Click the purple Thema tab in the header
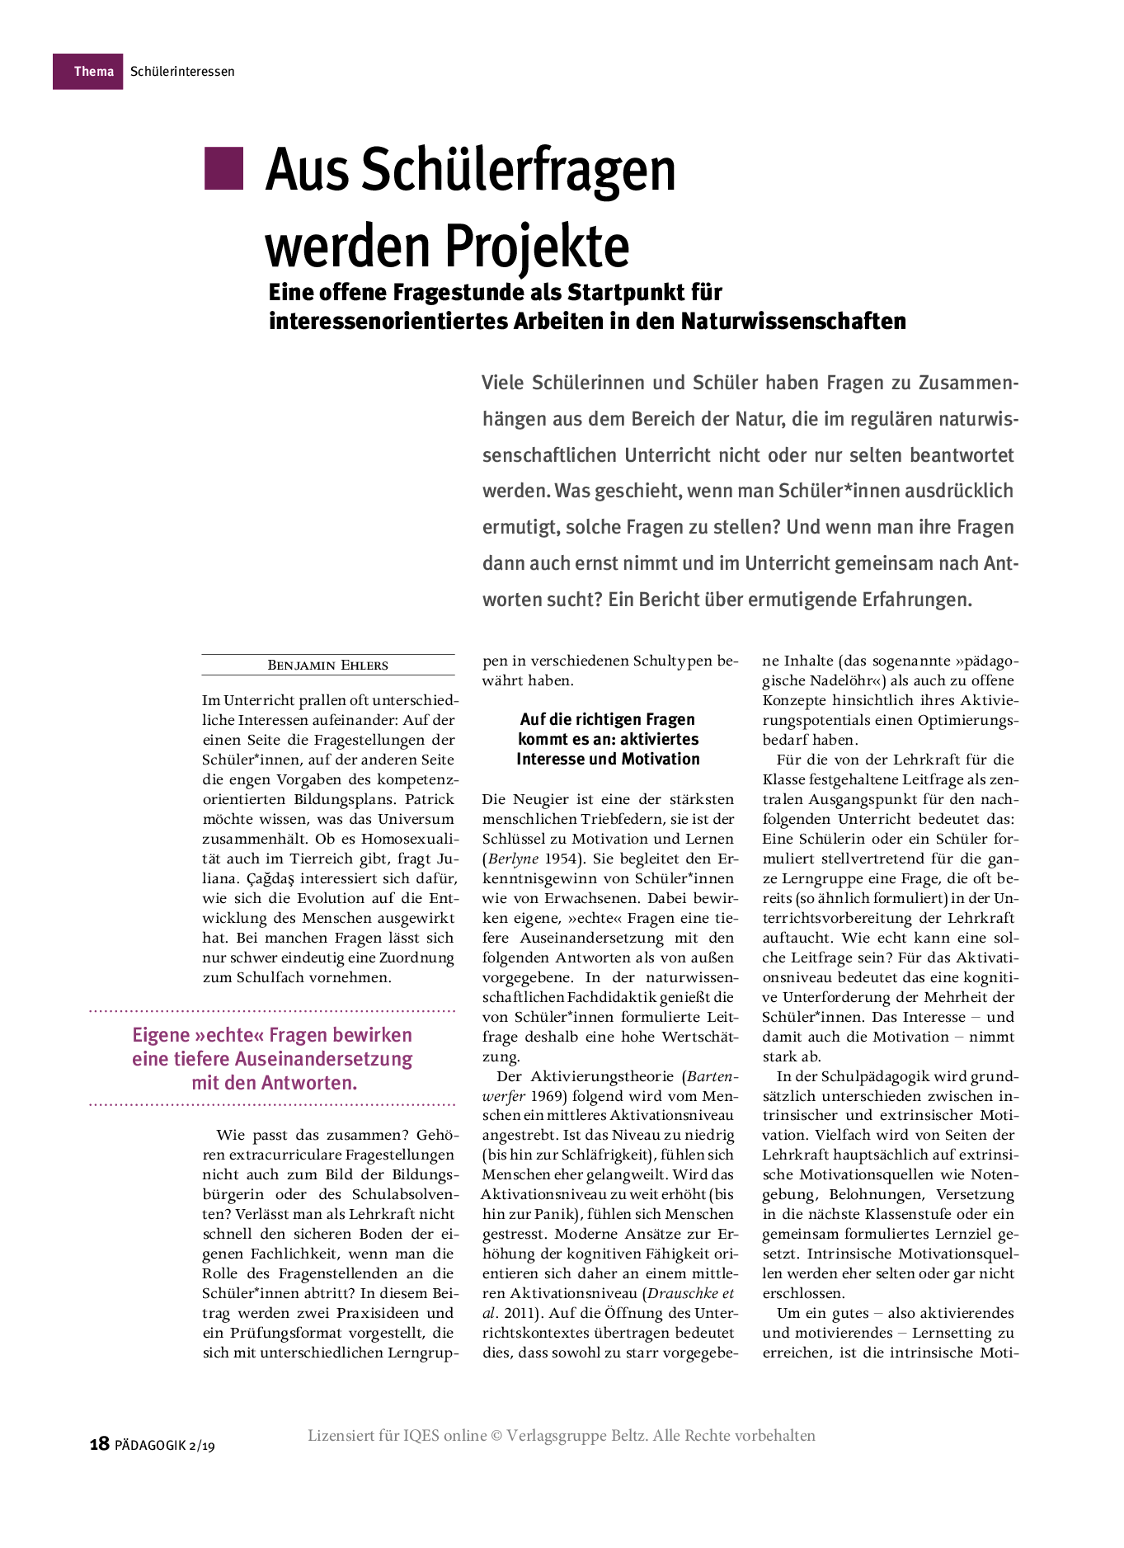[x=88, y=72]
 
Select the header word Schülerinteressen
[x=182, y=72]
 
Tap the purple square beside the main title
[x=223, y=168]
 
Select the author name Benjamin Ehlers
[x=327, y=666]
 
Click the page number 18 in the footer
[x=99, y=1443]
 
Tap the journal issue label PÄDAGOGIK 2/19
[x=165, y=1445]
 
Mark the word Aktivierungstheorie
[x=601, y=1076]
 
